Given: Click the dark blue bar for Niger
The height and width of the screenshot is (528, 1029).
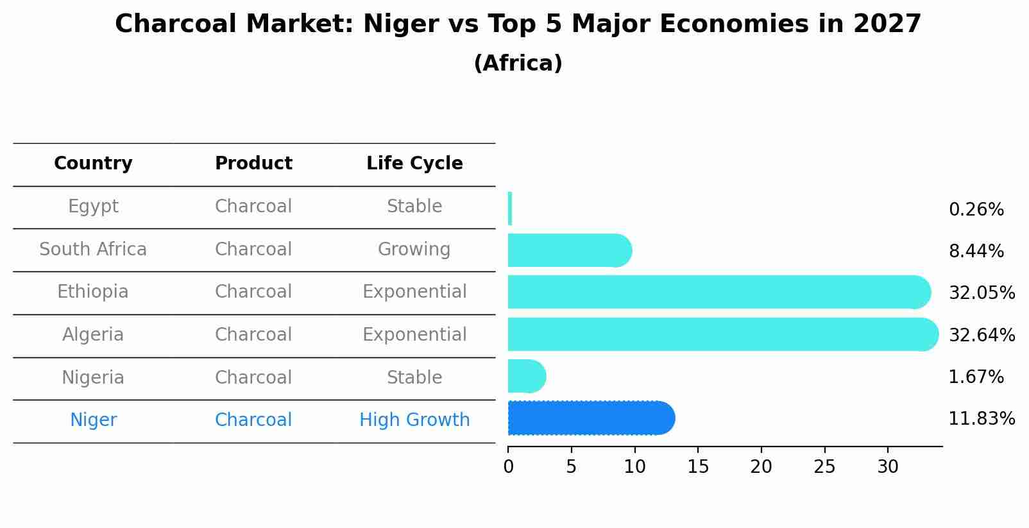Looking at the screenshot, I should click(590, 418).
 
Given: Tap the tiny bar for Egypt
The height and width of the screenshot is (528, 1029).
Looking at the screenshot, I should click(510, 209).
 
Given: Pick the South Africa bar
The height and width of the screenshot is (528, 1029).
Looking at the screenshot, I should click(568, 250).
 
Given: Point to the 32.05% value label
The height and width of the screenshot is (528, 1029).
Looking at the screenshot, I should click(982, 293).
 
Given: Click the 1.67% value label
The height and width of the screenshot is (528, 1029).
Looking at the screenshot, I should click(976, 377).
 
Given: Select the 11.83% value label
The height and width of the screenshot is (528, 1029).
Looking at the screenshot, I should click(982, 419).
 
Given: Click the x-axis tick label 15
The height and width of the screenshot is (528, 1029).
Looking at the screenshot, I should click(698, 467).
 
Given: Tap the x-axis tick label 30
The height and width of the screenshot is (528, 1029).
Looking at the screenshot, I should click(888, 467).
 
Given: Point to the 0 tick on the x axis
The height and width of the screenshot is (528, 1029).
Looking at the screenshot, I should click(509, 467).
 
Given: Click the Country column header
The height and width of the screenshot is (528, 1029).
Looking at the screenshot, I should click(93, 164).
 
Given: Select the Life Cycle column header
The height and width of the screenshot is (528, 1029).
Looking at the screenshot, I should click(414, 164).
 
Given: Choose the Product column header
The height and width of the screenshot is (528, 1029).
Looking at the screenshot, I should click(253, 164).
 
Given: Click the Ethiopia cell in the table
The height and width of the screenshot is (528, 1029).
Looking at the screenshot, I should click(93, 292).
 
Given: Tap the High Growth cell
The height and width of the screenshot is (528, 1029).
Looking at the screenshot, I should click(414, 420).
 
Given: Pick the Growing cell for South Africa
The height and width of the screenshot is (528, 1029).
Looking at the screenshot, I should click(414, 250).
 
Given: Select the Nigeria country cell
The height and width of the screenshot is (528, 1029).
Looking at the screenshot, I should click(93, 377).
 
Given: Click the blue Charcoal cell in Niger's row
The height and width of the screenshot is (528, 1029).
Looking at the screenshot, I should click(253, 420).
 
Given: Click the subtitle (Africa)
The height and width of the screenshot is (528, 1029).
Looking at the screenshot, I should click(518, 64).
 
